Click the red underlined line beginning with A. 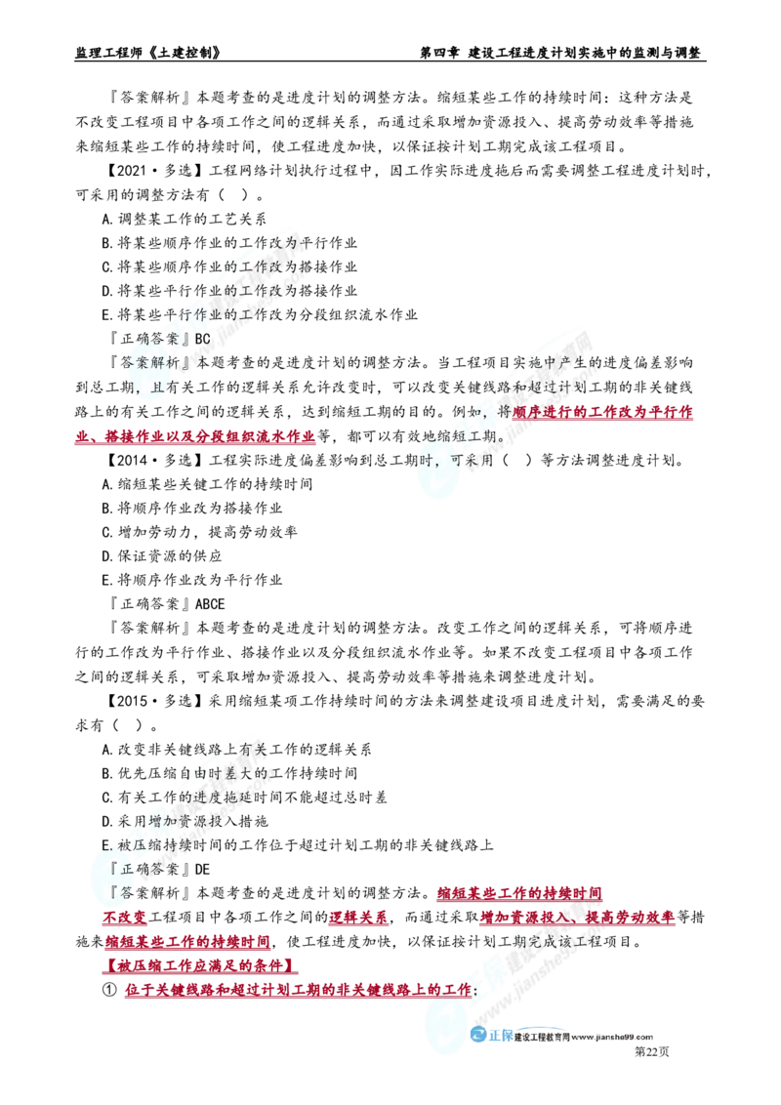(195, 439)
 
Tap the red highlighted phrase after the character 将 (603, 412)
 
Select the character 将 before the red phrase (504, 413)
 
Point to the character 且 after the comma (159, 387)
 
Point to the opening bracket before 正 (115, 867)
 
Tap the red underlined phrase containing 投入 (578, 918)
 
